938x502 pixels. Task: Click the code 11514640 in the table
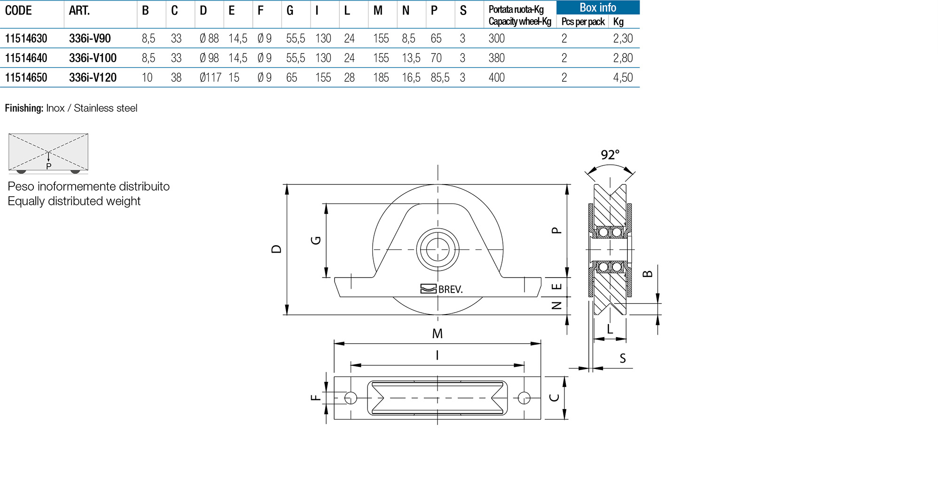26,58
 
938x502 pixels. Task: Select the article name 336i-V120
93,77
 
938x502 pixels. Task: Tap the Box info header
598,8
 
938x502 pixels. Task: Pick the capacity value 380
497,58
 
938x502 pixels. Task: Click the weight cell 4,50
623,77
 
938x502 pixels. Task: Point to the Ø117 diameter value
211,77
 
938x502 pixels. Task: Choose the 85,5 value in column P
440,77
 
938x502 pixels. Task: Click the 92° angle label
610,155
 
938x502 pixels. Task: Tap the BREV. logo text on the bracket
450,289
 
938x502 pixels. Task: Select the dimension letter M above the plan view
438,333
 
